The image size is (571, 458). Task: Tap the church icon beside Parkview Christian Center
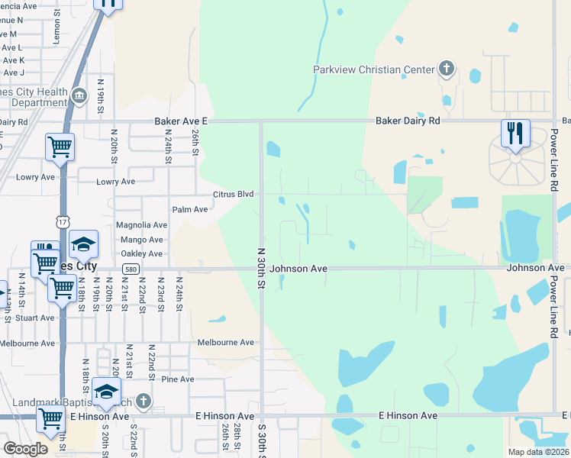point(447,69)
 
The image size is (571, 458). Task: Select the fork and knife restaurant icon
point(515,134)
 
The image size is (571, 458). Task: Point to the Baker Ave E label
point(181,121)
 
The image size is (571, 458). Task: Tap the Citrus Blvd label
point(233,195)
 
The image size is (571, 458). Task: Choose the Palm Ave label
point(190,209)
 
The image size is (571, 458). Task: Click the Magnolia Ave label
point(141,225)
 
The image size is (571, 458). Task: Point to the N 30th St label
point(260,268)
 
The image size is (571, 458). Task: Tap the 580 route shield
point(131,268)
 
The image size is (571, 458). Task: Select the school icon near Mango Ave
point(84,245)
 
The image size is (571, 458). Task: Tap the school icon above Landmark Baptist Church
point(107,392)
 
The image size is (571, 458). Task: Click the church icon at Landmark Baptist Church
point(144,402)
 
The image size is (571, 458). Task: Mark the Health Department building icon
point(79,95)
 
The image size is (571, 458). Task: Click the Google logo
point(25,449)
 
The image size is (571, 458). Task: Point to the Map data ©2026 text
point(537,452)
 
